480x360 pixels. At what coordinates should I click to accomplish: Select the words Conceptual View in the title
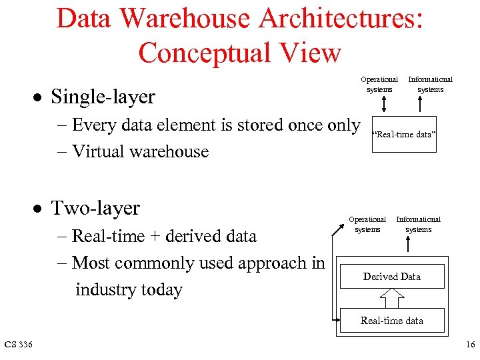tap(239, 53)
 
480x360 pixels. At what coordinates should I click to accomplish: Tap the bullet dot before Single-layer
tap(39, 97)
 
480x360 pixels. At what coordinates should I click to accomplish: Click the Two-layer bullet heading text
tap(95, 208)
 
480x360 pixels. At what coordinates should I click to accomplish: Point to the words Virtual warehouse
tap(140, 151)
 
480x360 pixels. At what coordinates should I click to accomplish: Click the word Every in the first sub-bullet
tap(93, 125)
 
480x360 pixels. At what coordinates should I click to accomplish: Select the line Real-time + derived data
tap(164, 236)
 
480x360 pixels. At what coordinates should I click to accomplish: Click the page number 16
tap(471, 344)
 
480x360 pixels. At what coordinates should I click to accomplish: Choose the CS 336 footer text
tap(19, 344)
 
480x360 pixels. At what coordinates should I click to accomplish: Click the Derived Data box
tap(392, 277)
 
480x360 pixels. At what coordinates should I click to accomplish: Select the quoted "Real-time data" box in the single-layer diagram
tap(404, 135)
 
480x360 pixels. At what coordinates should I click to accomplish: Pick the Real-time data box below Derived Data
tap(392, 321)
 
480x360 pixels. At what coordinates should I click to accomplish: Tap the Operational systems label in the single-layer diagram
tap(379, 84)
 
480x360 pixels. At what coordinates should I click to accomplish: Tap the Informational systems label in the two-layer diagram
tap(418, 224)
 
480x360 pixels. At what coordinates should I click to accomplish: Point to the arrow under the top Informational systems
tap(420, 105)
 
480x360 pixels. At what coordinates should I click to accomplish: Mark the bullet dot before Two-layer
tap(39, 209)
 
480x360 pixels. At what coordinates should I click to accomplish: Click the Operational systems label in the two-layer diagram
tap(367, 224)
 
